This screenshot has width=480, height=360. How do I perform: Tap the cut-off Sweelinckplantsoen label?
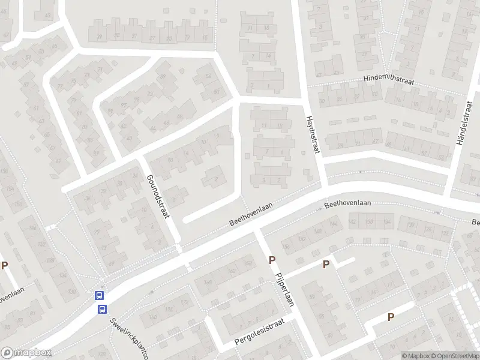click(x=128, y=337)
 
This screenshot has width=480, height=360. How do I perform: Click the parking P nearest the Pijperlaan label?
click(x=272, y=260)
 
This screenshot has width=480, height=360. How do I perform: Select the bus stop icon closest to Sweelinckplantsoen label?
click(x=103, y=310)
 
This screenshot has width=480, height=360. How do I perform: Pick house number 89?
click(x=163, y=77)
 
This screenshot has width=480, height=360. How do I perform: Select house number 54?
click(x=209, y=76)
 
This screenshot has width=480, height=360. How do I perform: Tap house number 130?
click(x=72, y=292)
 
